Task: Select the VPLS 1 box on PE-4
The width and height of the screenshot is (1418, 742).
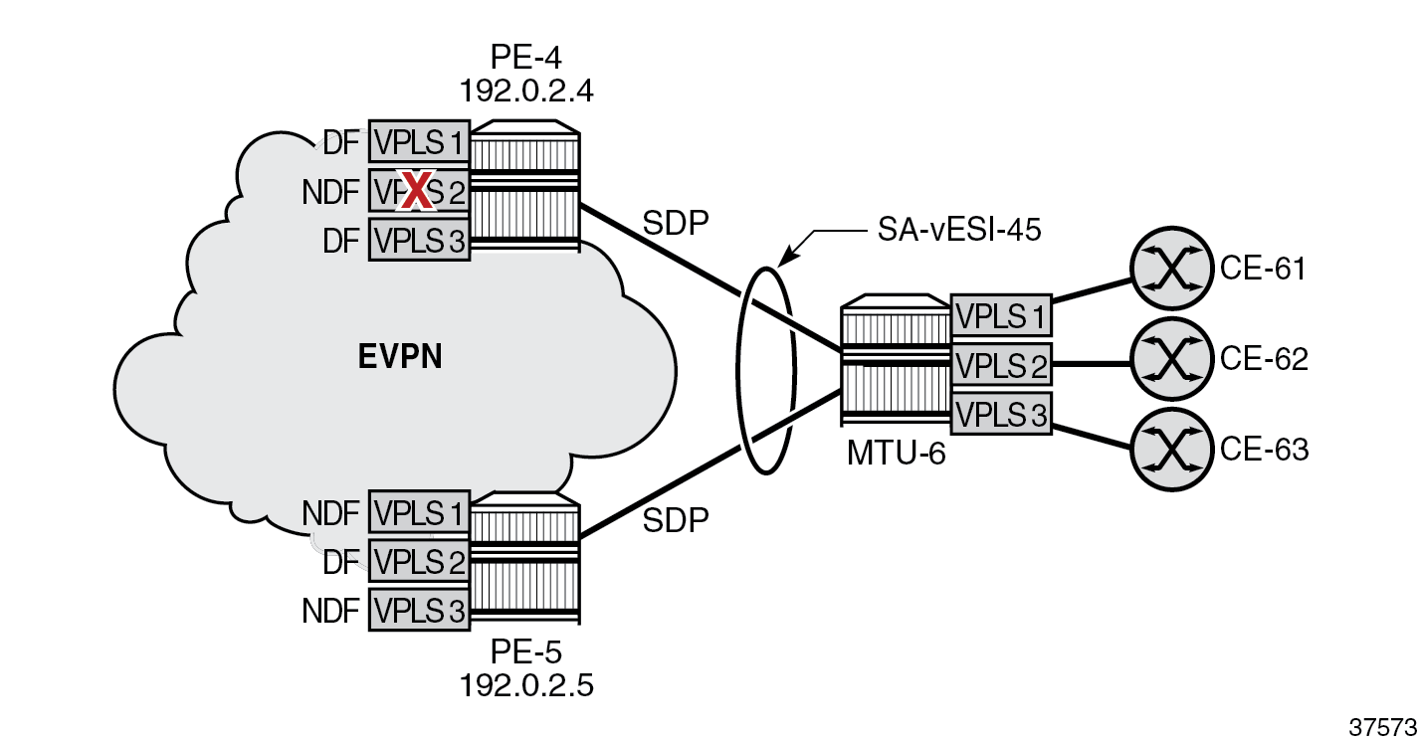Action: (x=419, y=143)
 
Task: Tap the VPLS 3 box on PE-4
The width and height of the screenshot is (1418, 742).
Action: (x=419, y=240)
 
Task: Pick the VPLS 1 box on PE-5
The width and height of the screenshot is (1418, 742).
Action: (x=419, y=513)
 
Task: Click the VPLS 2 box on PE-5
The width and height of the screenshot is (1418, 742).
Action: (x=419, y=562)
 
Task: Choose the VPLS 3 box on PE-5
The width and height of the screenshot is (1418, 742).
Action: (x=419, y=610)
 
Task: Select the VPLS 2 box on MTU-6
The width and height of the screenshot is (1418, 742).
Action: (x=1000, y=365)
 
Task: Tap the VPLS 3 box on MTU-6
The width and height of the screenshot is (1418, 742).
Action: (x=1000, y=413)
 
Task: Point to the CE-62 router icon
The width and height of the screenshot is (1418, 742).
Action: (x=1171, y=359)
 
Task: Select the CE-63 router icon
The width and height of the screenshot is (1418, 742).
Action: (x=1171, y=449)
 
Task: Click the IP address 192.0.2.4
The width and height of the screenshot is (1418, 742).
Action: (x=526, y=92)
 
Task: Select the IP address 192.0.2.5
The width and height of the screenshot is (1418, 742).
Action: (x=526, y=685)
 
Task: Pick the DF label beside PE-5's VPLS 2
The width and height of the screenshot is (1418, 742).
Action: (x=341, y=563)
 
